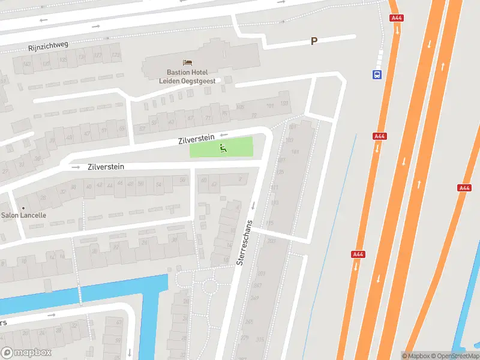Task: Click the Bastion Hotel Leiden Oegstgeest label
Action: [x=187, y=76]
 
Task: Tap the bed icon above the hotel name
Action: [x=187, y=62]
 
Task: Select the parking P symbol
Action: [x=313, y=41]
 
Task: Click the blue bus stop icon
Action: [x=377, y=74]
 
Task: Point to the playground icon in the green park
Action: [x=223, y=148]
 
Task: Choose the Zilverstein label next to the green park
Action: [x=196, y=140]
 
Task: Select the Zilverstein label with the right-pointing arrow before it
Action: [x=106, y=167]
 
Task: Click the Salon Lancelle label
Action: [x=23, y=215]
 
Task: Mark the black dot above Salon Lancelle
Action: [x=23, y=208]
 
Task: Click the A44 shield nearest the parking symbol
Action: [x=397, y=18]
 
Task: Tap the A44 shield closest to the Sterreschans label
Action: [x=358, y=254]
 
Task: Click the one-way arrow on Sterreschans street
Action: [x=253, y=206]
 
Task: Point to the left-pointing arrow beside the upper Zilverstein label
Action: [x=224, y=135]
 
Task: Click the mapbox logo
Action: [x=26, y=353]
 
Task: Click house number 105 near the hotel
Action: [x=241, y=107]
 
